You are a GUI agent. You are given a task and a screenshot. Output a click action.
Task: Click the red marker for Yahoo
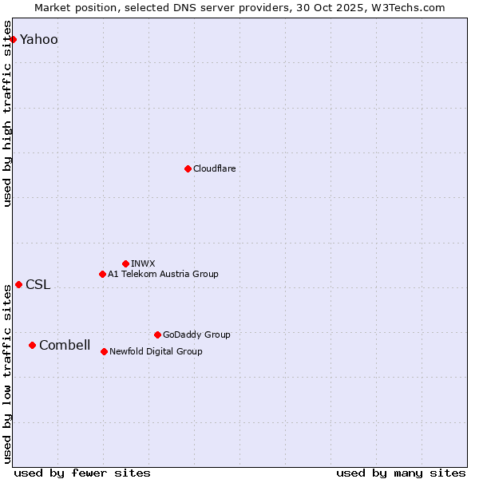pos(13,39)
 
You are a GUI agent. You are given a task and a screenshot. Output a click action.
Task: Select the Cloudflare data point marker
pos(188,168)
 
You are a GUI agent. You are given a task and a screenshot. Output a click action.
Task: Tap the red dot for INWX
pos(125,263)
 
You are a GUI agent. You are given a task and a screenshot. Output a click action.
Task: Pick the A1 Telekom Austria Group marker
pos(102,274)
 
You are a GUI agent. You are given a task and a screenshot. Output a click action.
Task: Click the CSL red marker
pos(18,284)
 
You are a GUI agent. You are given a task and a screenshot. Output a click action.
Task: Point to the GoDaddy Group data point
pos(157,335)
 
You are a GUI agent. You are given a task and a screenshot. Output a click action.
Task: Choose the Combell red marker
pos(32,345)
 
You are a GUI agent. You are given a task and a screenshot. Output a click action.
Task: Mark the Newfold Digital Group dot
pos(104,351)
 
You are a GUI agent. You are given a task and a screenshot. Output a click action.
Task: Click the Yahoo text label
pos(39,40)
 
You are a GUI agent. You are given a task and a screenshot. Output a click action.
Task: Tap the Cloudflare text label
pos(215,168)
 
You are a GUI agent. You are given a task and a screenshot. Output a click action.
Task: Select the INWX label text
pos(143,263)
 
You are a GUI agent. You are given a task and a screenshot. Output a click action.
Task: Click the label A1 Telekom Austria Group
pos(163,274)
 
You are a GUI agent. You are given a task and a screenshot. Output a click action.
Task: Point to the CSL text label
pos(38,285)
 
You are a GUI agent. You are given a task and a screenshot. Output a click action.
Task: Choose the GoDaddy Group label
pos(196,335)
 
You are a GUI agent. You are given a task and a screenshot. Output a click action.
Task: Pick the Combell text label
pos(65,346)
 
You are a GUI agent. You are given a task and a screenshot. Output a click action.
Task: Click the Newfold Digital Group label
pos(156,351)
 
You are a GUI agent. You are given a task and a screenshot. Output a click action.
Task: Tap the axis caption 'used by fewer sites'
pos(82,473)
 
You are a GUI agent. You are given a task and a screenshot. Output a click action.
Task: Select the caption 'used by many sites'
pos(401,473)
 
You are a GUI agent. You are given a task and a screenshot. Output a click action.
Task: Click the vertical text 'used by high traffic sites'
pos(7,113)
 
